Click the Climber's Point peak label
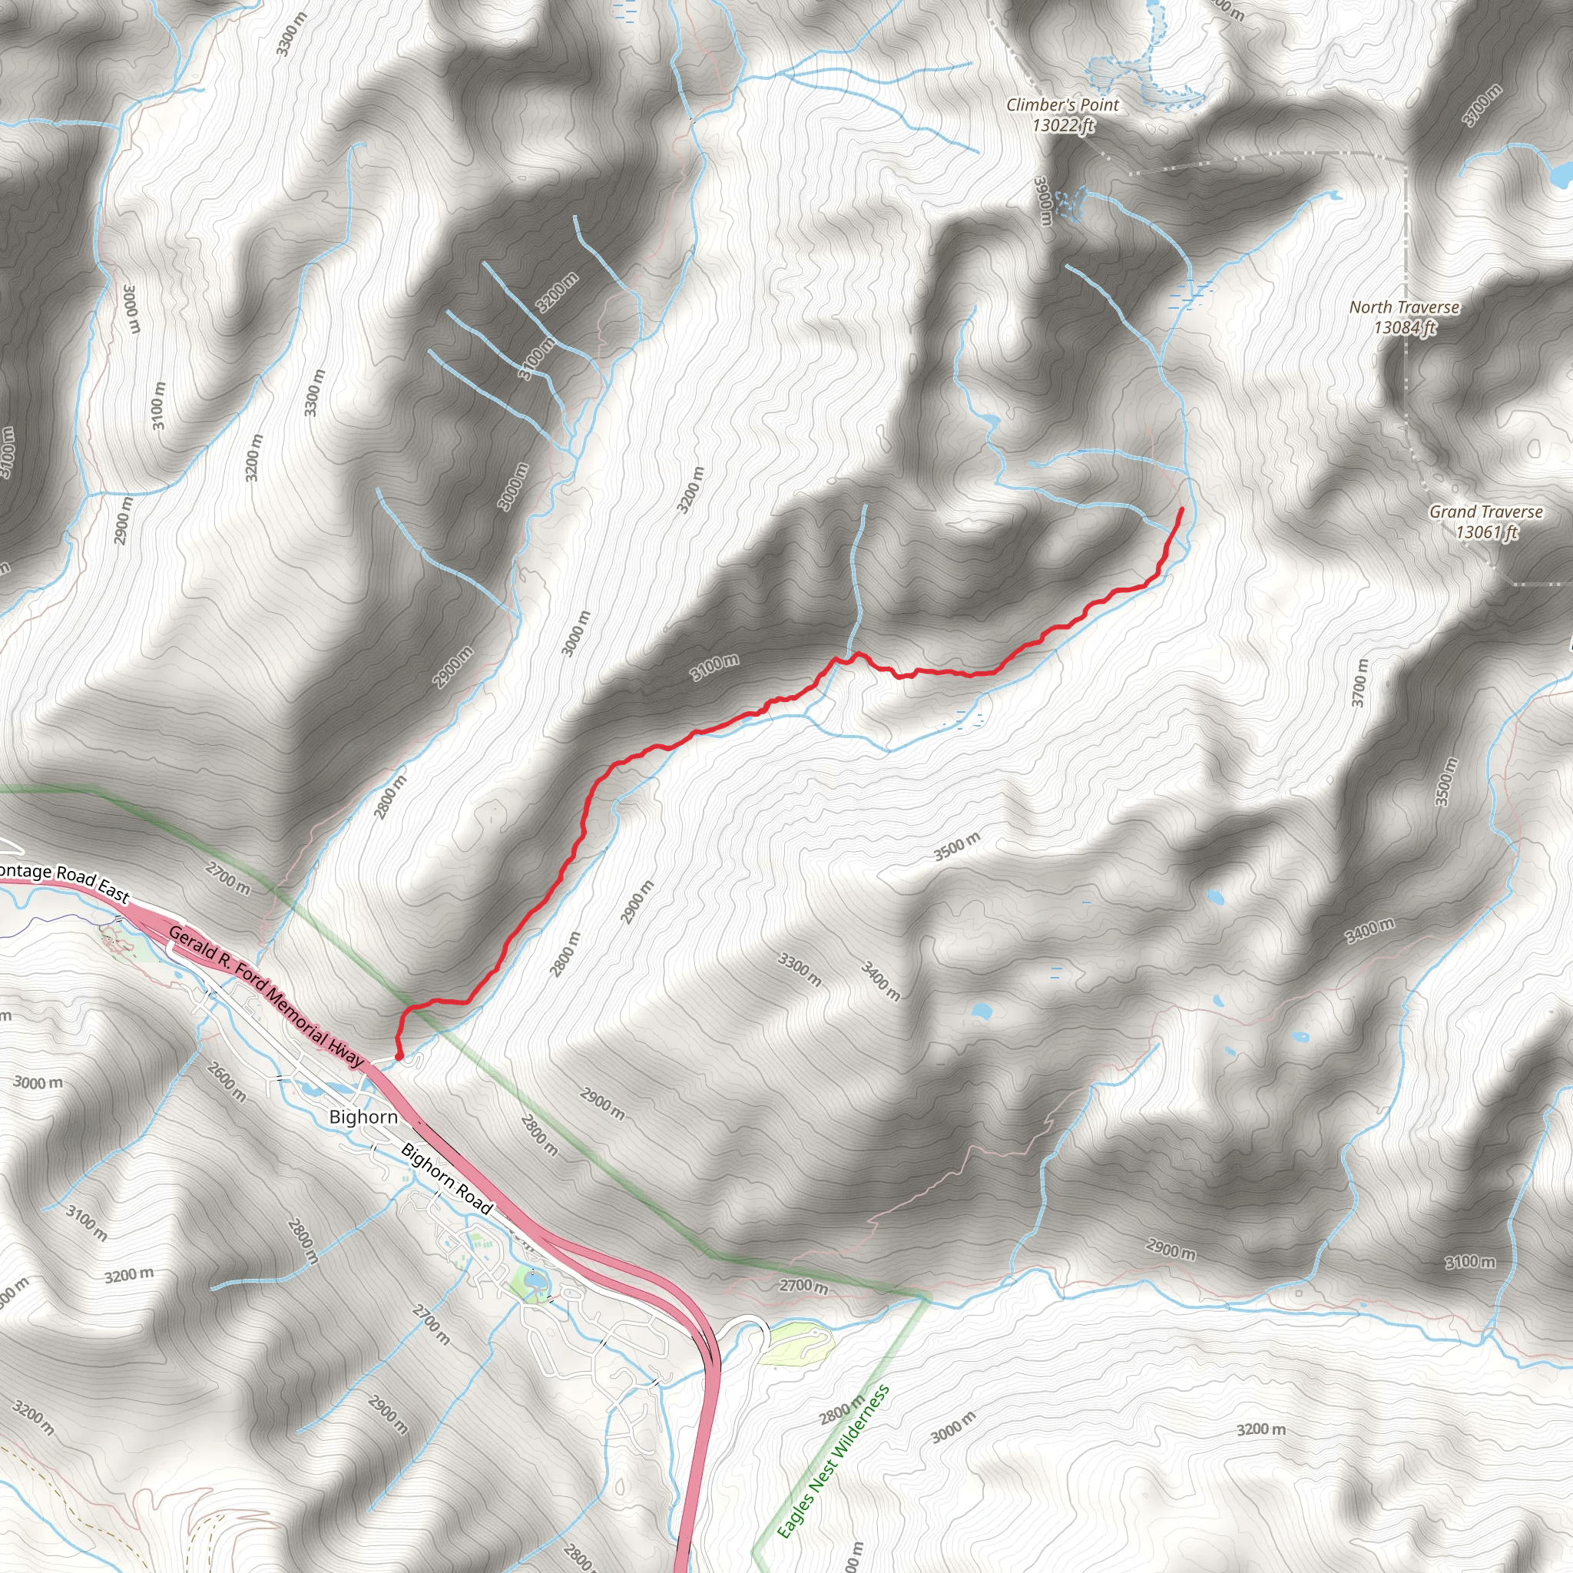1062,105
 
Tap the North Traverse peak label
1405,307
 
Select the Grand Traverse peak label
1486,512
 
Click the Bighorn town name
363,1116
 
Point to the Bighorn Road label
447,1179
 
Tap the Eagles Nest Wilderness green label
833,1462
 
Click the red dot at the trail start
399,1057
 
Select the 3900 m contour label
1043,201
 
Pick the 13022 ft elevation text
1062,125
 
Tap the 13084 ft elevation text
1405,327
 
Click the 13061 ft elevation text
1486,532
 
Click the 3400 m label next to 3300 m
881,981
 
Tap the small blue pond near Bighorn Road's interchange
534,1283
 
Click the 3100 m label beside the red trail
715,667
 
